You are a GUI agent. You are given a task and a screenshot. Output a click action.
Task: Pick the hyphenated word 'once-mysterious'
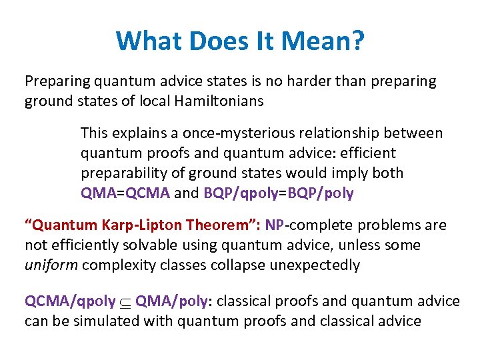click(213, 133)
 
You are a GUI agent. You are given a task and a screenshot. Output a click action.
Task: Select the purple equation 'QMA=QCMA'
click(125, 193)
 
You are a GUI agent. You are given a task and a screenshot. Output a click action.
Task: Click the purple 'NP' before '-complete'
click(274, 225)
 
